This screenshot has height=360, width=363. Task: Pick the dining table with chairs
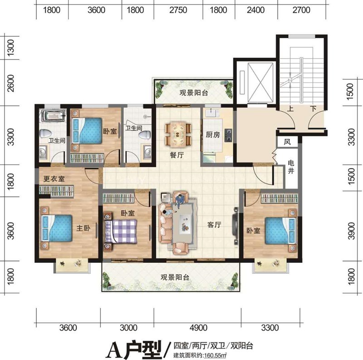pyautogui.click(x=177, y=131)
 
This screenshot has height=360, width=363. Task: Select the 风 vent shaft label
pyautogui.click(x=287, y=142)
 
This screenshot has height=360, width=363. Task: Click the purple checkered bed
pyautogui.click(x=122, y=231)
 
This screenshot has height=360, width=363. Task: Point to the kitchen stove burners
pyautogui.click(x=229, y=133)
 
